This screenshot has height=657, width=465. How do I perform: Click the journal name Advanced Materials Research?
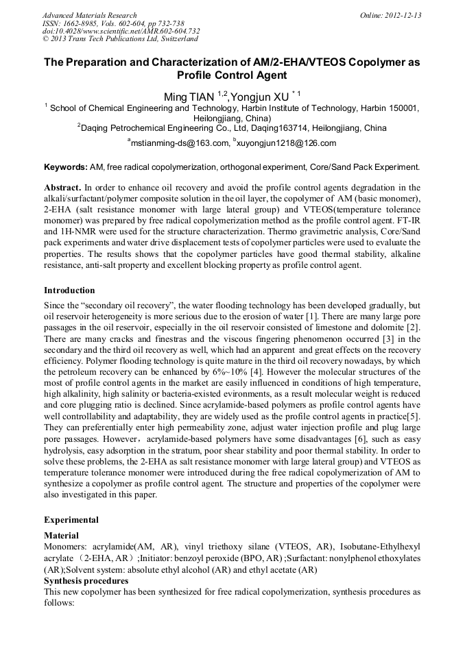[x=89, y=15]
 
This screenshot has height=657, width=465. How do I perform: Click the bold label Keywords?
[x=66, y=166]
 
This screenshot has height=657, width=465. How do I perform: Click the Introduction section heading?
[x=69, y=290]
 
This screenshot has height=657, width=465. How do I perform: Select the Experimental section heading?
[x=71, y=520]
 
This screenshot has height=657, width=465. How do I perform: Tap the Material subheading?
[x=61, y=535]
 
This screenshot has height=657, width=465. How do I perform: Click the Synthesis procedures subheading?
[x=86, y=581]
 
